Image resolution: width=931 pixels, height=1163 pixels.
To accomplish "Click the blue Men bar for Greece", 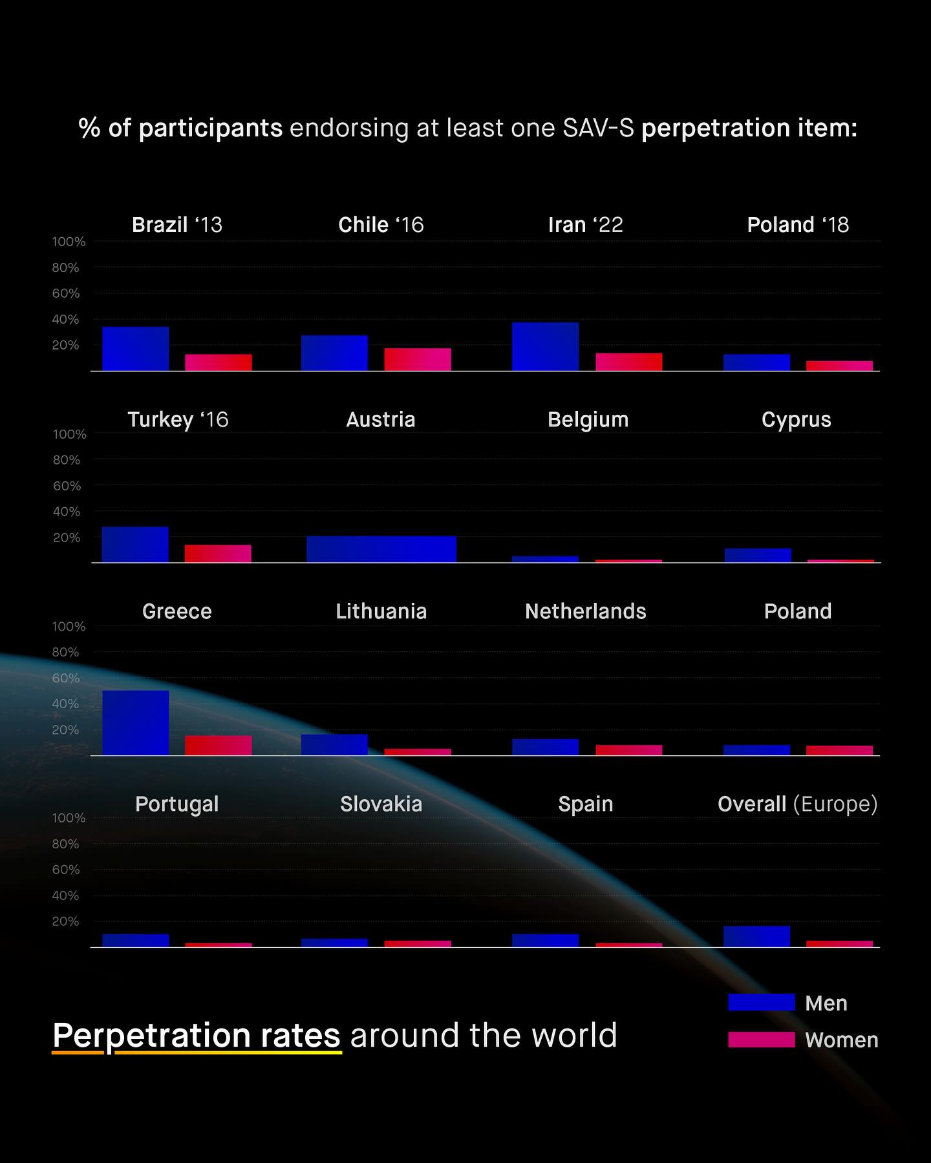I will click(136, 722).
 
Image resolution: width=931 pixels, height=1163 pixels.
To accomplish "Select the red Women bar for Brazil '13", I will click(219, 362).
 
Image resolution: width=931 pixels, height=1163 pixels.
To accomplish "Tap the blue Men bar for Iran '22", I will click(545, 346).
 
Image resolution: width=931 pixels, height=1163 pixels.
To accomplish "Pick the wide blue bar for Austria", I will click(381, 549).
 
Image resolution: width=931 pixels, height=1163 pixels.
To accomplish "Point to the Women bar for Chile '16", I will click(418, 359).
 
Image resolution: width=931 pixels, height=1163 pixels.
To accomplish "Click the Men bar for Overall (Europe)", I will click(756, 936).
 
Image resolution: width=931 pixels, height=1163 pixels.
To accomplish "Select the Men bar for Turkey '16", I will click(135, 545).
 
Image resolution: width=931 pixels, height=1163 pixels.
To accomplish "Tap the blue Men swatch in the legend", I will click(761, 1002).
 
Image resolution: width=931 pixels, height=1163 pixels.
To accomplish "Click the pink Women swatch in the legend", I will click(761, 1039).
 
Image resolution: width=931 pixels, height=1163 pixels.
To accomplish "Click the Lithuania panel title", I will click(381, 611).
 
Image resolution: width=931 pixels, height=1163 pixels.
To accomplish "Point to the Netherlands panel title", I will click(586, 611).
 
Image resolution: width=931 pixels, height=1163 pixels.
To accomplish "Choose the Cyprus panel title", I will click(797, 419).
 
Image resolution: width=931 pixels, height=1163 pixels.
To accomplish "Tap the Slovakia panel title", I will click(381, 804).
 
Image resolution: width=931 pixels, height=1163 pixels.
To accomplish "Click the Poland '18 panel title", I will click(798, 225).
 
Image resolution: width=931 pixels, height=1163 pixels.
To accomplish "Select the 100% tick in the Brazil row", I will click(69, 242).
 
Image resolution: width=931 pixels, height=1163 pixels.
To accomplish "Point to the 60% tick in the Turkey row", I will click(67, 486).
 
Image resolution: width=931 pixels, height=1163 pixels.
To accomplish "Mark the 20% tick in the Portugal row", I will click(65, 921).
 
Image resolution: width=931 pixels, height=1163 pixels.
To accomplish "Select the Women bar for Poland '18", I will click(839, 366).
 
